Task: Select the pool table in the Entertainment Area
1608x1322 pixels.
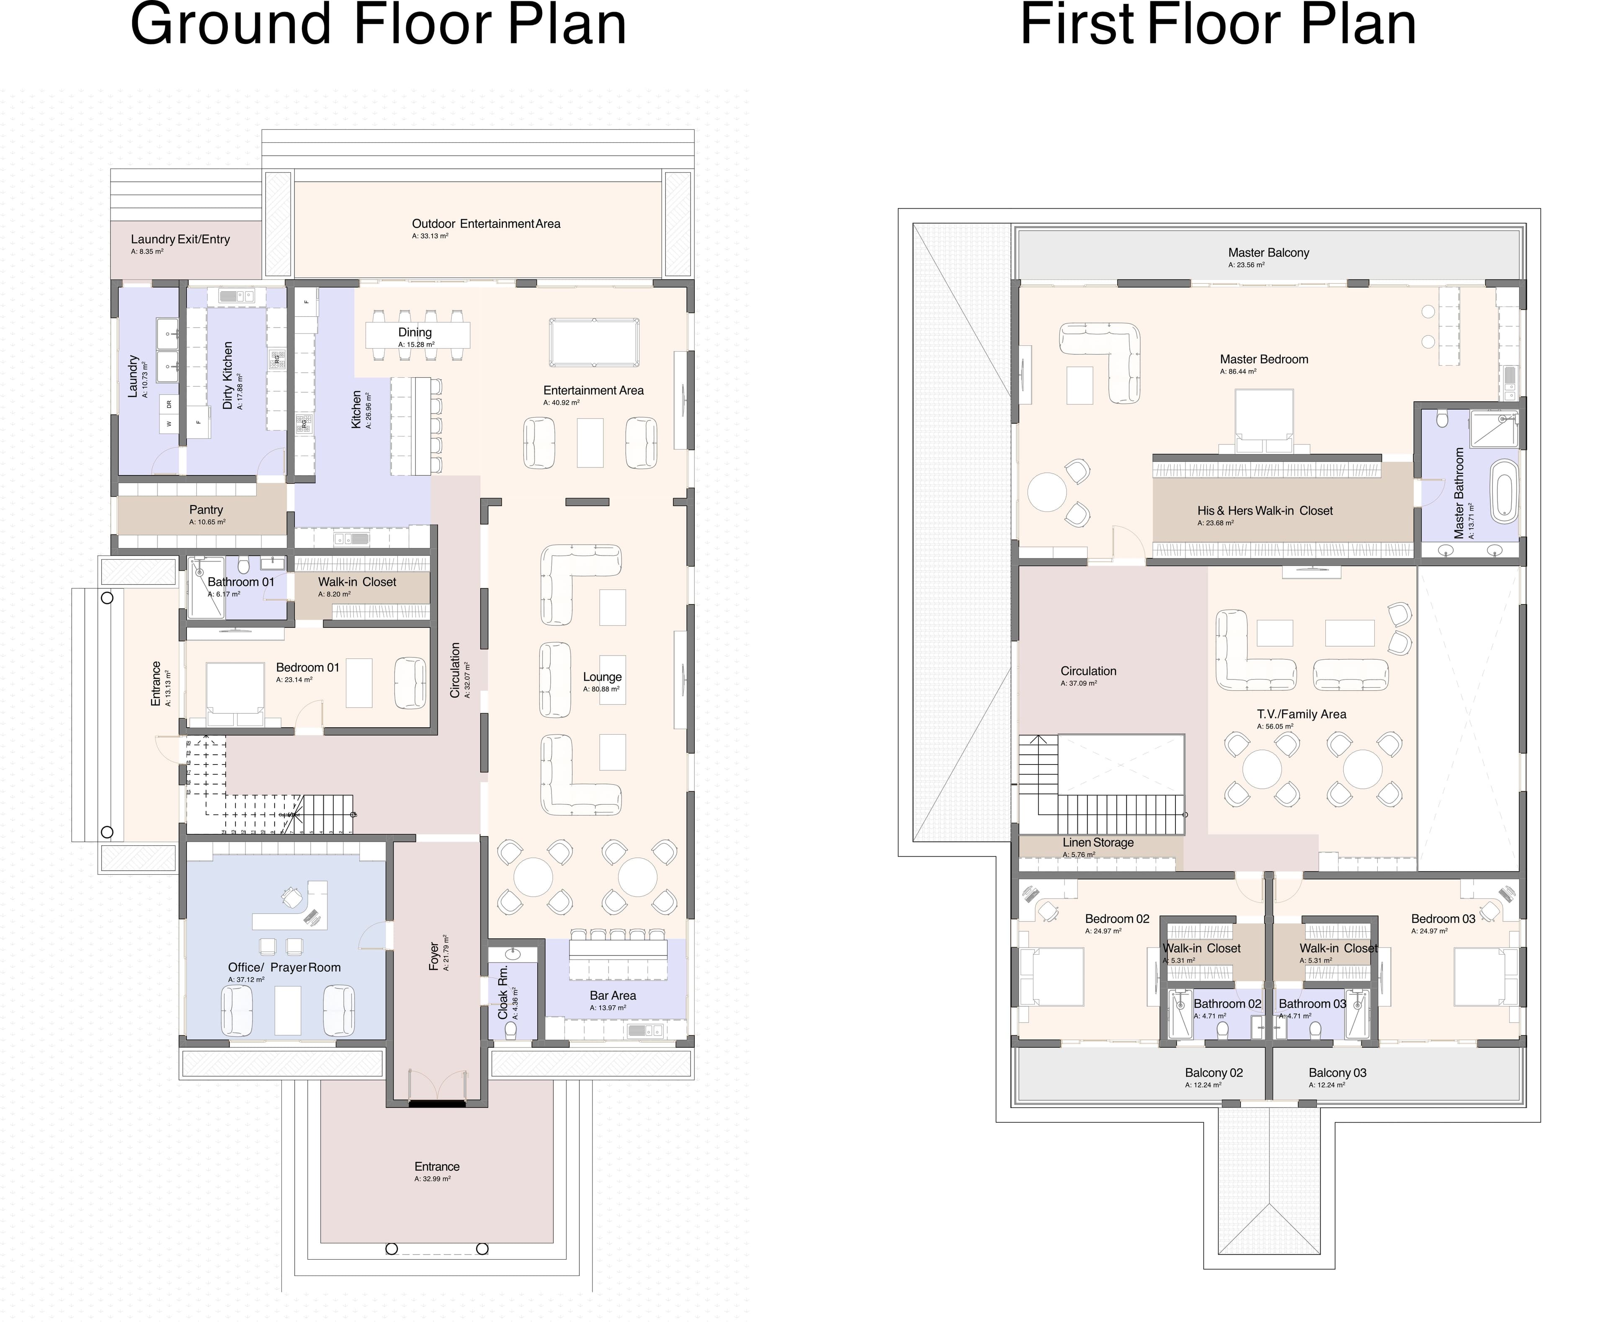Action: click(594, 343)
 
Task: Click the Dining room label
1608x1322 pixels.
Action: click(415, 332)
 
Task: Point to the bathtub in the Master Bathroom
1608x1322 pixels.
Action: click(1504, 491)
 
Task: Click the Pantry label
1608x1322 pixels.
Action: click(206, 509)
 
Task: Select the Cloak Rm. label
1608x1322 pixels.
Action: click(502, 992)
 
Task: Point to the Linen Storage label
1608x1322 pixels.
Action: click(1098, 842)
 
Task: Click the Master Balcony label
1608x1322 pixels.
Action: click(1268, 253)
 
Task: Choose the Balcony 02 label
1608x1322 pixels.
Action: click(1214, 1073)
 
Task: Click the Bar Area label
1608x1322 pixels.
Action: click(613, 995)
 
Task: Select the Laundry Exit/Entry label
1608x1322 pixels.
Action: click(180, 239)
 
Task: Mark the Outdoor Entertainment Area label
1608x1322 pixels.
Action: click(486, 224)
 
